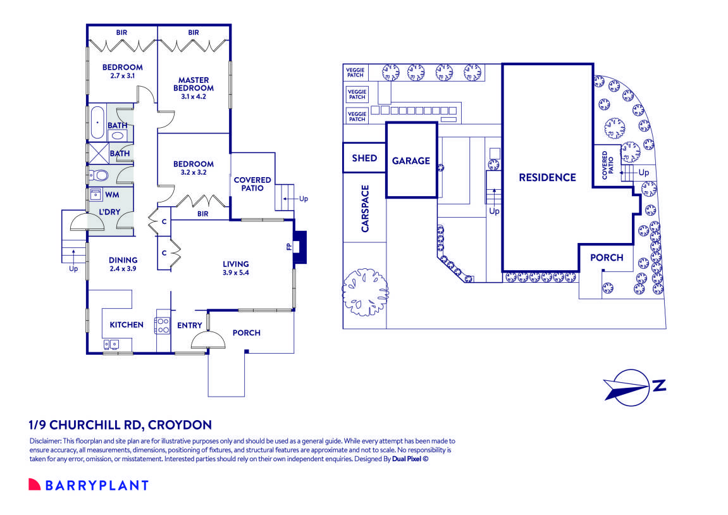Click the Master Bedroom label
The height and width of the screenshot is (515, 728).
click(x=194, y=84)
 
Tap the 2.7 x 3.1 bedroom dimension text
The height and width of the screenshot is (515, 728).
click(x=123, y=75)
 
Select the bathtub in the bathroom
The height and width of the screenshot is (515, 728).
click(x=97, y=122)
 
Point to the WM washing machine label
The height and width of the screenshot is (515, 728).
click(x=113, y=195)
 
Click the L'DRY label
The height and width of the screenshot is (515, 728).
click(x=109, y=212)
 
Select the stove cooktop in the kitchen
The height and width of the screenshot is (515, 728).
click(x=163, y=325)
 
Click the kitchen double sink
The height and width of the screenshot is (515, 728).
click(x=111, y=344)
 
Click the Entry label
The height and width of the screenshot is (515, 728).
click(x=190, y=325)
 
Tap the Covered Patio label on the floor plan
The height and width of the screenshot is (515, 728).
click(x=252, y=184)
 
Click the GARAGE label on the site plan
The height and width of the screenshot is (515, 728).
click(x=410, y=161)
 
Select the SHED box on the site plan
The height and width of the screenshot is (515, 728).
click(x=364, y=158)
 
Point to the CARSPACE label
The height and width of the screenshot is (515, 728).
click(x=365, y=208)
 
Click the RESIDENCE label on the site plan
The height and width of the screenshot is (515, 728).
click(x=547, y=177)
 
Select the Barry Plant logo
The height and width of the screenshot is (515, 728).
click(x=89, y=485)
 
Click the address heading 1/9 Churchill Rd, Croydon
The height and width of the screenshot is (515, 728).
click(x=120, y=425)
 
